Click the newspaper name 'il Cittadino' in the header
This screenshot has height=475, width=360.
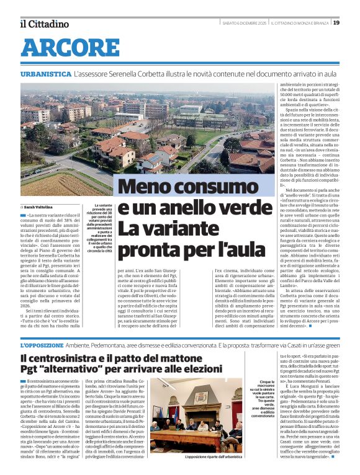tap(43, 24)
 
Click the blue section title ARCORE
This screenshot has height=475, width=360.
tap(61, 48)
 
